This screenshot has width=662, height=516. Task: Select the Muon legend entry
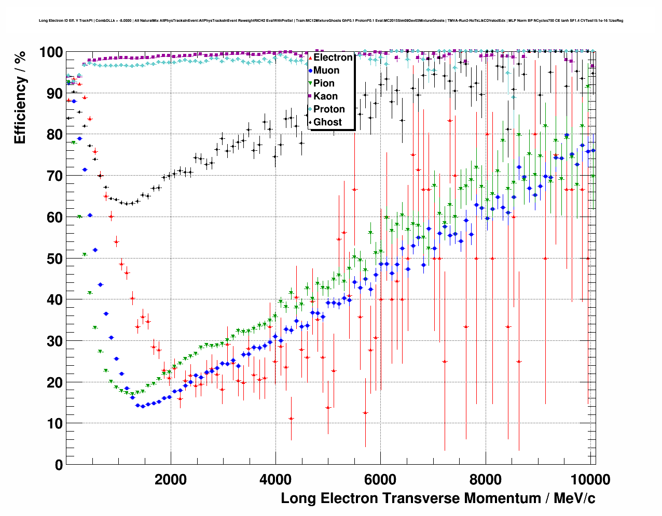(x=326, y=70)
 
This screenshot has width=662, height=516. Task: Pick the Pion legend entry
(x=324, y=83)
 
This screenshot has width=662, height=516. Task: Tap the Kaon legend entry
(x=325, y=96)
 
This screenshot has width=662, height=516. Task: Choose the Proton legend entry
(x=329, y=109)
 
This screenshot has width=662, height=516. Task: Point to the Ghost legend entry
(x=327, y=122)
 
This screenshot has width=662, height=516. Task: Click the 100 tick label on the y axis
(x=51, y=52)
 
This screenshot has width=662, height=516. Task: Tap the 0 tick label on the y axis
(x=59, y=465)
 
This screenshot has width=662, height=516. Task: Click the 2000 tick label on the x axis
(x=171, y=480)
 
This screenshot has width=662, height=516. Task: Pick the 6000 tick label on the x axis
(x=380, y=480)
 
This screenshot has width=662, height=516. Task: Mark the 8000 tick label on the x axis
(x=486, y=480)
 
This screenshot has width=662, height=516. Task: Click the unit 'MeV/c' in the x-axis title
(x=574, y=498)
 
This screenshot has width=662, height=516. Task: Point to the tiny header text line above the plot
(x=331, y=21)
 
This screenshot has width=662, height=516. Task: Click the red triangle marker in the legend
(x=310, y=58)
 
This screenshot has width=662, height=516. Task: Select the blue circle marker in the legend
(x=310, y=70)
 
